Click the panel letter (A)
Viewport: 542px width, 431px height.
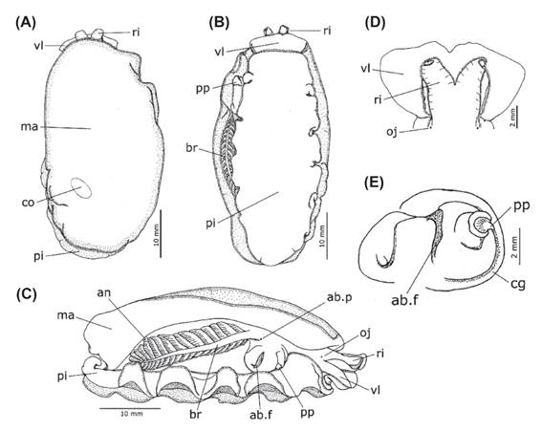[x=26, y=23]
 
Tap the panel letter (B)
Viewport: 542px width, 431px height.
[x=219, y=23]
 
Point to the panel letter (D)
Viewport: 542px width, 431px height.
[x=375, y=23]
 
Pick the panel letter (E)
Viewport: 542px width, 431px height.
[x=374, y=183]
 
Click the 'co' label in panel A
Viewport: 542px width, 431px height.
[x=29, y=203]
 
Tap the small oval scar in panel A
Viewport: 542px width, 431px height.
[x=81, y=188]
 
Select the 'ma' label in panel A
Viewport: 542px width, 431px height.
[x=30, y=126]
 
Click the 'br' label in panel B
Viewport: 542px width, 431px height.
[x=191, y=147]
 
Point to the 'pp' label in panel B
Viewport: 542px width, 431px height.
[x=203, y=89]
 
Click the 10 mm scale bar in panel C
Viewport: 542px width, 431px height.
[x=130, y=408]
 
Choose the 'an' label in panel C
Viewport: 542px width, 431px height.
[x=103, y=293]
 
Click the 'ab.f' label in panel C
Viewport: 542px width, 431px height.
[x=261, y=414]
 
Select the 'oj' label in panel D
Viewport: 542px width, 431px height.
[x=392, y=132]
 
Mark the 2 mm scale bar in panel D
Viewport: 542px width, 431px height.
[x=517, y=118]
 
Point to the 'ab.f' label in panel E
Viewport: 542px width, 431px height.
[x=404, y=299]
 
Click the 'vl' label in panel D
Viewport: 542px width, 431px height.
[x=366, y=69]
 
